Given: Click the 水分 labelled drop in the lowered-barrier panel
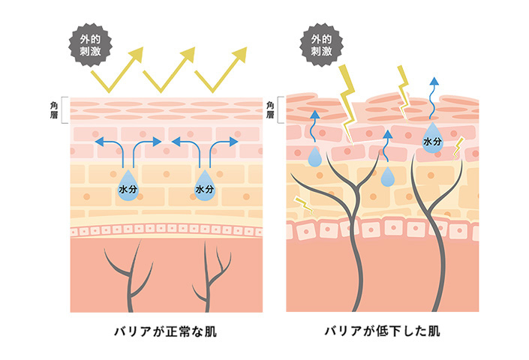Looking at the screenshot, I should (433, 140).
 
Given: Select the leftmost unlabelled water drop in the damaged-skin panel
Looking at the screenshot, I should (316, 157).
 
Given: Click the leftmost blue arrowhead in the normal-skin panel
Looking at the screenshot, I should (98, 140).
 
